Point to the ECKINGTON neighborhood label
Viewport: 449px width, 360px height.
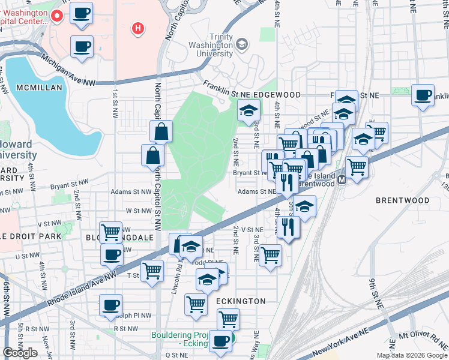[241, 301]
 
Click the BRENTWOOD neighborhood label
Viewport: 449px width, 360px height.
[403, 200]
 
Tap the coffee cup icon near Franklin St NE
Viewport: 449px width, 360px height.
[423, 95]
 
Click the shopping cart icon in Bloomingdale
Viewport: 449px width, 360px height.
[111, 232]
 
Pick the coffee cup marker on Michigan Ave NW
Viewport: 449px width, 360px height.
[82, 46]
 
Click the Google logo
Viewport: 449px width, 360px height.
[20, 352]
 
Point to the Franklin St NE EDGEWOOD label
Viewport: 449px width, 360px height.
[252, 95]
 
